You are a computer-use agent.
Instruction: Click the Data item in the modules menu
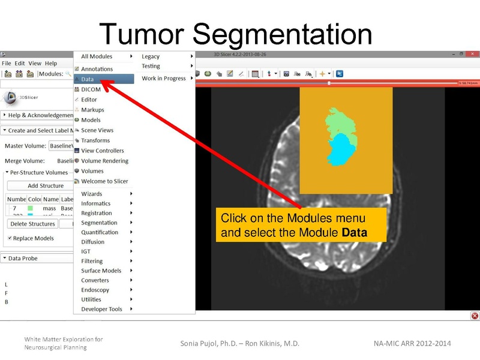point(88,79)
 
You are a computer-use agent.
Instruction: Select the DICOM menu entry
point(91,89)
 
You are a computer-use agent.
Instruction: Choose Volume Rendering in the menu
point(104,161)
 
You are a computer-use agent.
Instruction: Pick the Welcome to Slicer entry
point(104,181)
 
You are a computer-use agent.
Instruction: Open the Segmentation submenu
point(99,223)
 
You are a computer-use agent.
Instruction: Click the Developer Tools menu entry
point(101,309)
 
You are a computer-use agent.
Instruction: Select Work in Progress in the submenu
point(164,78)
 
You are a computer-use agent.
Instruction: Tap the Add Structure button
point(46,186)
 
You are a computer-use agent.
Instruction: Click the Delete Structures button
point(32,224)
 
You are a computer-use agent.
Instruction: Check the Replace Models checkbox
point(10,238)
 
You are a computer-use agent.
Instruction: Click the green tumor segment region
point(339,123)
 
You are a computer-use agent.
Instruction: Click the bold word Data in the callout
point(355,232)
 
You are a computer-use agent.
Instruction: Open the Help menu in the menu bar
point(51,63)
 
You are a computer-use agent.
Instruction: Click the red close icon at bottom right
point(475,316)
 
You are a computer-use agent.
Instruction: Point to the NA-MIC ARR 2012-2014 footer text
point(412,343)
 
